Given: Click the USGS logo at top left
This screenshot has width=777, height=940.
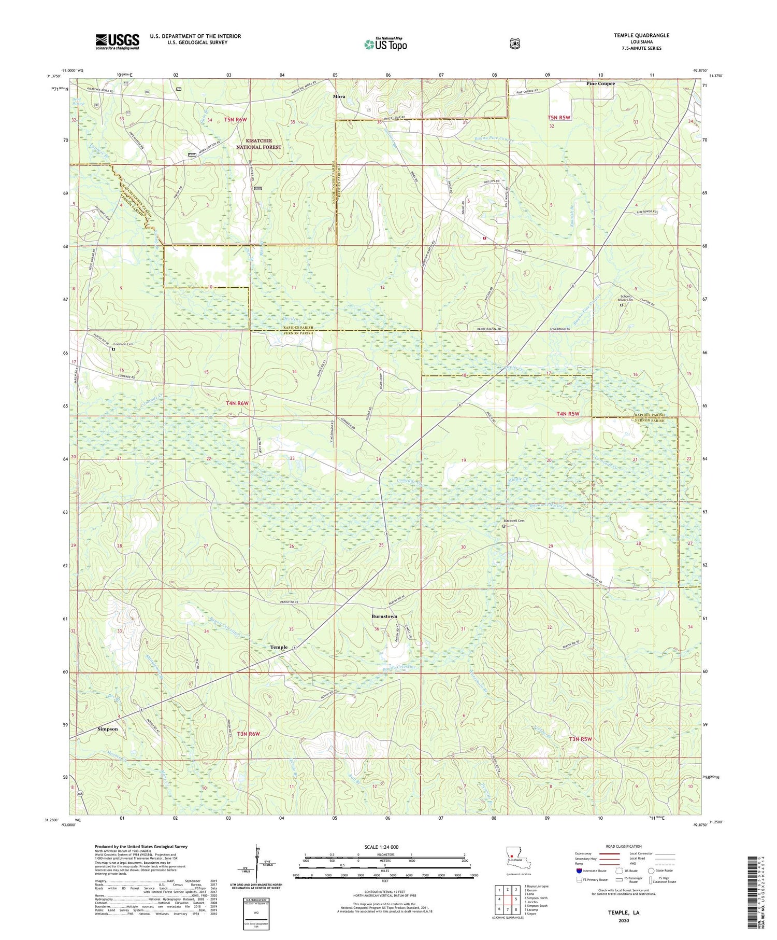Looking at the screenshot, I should [x=117, y=41].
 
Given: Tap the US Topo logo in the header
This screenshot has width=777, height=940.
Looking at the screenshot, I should [x=385, y=44].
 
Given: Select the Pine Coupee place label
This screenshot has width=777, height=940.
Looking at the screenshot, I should [x=600, y=83].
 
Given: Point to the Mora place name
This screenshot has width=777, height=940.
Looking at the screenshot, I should [x=339, y=96].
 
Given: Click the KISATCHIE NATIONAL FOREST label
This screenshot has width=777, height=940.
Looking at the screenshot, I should [x=259, y=144].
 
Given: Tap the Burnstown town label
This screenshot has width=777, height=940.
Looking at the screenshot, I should [x=384, y=616].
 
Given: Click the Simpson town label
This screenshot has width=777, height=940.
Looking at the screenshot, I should [x=108, y=728].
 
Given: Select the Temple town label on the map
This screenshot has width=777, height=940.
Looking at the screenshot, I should [x=279, y=647].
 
